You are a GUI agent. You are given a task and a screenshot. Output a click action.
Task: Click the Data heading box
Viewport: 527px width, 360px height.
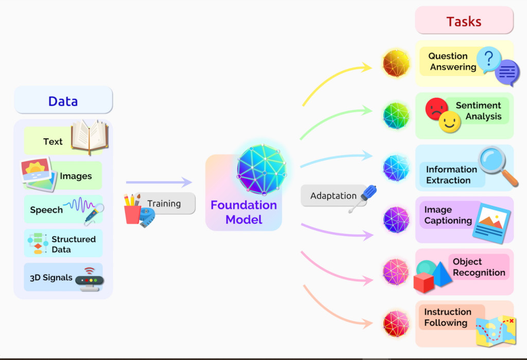[63, 100]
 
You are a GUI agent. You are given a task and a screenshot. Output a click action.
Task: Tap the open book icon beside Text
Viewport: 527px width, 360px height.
[89, 136]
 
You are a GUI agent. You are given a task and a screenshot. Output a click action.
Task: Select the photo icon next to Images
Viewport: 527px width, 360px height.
[38, 174]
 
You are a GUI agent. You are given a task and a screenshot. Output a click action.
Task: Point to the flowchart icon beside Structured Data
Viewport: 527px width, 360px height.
[38, 243]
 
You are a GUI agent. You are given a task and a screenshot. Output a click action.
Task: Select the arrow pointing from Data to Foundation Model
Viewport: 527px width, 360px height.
[159, 182]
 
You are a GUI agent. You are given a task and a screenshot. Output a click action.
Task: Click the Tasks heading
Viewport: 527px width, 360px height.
[464, 22]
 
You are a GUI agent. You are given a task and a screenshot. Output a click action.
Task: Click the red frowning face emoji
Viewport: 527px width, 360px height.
[436, 109]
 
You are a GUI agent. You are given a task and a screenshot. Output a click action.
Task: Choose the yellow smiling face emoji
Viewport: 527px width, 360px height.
[449, 122]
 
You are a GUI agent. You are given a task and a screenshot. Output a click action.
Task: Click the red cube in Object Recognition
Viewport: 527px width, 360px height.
[424, 282]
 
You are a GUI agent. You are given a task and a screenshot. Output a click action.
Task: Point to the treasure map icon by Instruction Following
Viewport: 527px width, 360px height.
[496, 330]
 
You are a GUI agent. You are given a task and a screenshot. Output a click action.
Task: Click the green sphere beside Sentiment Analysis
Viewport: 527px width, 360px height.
[396, 116]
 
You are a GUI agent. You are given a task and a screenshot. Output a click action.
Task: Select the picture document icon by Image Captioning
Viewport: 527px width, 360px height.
[491, 222]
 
